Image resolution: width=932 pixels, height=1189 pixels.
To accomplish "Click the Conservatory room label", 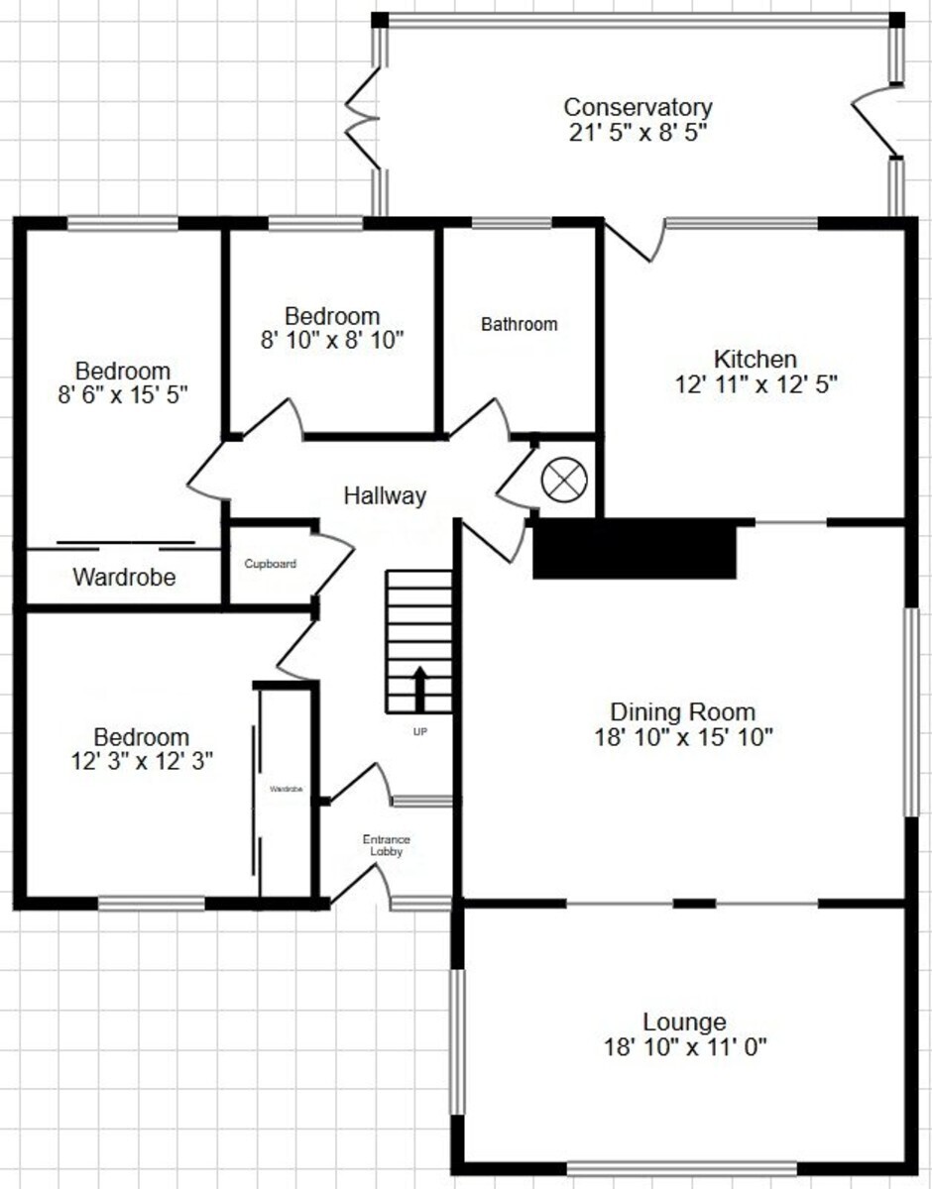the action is coord(639,107).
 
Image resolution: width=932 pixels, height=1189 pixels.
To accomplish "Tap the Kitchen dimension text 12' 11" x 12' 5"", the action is coord(757,384).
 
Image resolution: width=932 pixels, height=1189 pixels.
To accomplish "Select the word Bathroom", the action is coord(520,324).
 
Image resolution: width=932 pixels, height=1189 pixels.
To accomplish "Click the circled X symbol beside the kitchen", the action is coord(564,480).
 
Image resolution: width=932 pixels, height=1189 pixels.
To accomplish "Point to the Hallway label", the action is coord(385,495).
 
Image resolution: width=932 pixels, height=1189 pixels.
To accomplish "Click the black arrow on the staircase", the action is coord(419,689).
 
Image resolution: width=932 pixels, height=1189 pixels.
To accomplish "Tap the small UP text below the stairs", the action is coord(419,731).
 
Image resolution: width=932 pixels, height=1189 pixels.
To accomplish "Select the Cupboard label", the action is coord(271,564).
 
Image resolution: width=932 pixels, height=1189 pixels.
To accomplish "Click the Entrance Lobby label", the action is coord(386,845).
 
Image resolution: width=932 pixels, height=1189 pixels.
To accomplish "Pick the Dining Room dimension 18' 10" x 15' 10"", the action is coord(683,737).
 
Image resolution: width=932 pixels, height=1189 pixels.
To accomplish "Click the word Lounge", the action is coord(684,1022).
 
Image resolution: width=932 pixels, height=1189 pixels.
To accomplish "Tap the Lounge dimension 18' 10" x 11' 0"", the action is coord(685,1047).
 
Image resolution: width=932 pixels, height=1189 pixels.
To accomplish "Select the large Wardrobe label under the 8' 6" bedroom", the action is coord(124,578).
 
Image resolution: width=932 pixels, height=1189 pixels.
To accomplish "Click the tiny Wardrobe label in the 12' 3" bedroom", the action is coord(287,789).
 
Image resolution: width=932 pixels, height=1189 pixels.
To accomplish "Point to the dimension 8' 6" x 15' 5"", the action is coord(123,394).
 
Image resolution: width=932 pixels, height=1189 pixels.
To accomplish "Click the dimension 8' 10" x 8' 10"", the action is coord(332,340).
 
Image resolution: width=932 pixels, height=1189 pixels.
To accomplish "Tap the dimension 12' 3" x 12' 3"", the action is coord(142,761).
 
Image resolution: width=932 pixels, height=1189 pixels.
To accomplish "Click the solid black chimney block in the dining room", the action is coord(635,549).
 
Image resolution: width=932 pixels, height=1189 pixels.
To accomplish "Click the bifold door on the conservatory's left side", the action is coord(362,118).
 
